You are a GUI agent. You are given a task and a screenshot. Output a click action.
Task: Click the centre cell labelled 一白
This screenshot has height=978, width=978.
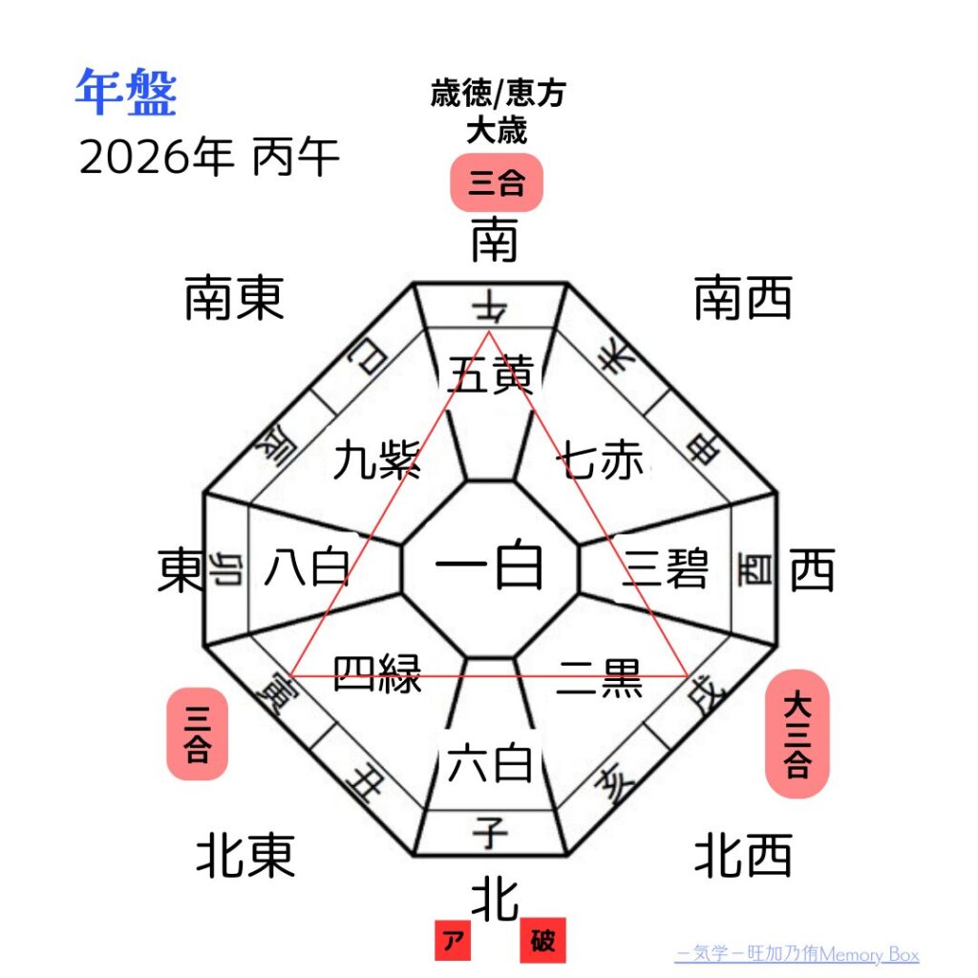tap(490, 568)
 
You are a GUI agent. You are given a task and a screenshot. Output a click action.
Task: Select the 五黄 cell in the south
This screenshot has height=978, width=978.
tap(490, 376)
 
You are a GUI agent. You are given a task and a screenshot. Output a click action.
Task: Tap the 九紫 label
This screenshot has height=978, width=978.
tap(377, 462)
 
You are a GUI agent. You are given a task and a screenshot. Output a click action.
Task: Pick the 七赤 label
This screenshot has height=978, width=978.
tap(604, 462)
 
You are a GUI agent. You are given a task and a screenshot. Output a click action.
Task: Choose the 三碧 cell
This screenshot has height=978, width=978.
tap(666, 570)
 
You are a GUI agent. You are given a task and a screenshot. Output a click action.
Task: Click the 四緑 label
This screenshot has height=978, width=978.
tap(377, 674)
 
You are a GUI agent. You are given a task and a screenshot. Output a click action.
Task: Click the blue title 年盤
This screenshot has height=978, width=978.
tap(126, 94)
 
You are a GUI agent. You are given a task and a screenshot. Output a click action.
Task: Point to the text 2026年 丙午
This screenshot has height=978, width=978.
tap(209, 158)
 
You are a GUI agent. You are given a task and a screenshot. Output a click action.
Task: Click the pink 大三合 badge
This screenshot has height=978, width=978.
tap(797, 733)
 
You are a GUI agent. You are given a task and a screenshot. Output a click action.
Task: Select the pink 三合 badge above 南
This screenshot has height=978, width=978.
tap(497, 182)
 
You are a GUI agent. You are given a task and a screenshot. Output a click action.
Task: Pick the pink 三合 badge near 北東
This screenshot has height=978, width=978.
tap(198, 733)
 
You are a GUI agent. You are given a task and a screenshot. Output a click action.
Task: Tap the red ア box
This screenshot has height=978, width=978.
tap(455, 942)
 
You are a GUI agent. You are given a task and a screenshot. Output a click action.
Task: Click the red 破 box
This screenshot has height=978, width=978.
tap(542, 942)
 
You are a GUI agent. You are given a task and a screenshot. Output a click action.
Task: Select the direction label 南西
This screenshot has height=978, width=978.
tap(743, 298)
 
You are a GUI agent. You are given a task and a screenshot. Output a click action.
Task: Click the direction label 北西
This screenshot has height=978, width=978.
tap(743, 855)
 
